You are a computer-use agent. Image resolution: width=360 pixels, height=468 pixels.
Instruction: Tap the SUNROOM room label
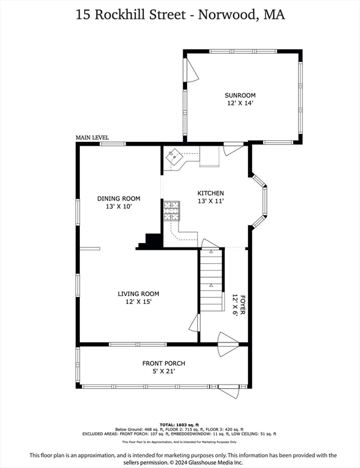pos(240,95)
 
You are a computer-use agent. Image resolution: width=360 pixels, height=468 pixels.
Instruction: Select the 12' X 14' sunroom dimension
pos(240,104)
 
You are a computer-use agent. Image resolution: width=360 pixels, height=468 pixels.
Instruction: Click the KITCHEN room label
pos(210,193)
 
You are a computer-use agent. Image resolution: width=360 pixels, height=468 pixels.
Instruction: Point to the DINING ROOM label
pos(119,199)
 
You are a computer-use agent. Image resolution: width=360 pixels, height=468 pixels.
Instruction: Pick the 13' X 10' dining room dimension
pos(119,207)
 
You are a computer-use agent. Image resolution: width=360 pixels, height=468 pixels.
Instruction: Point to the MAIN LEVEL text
pos(92,138)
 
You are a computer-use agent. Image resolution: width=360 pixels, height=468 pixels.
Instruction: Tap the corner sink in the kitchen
pos(176,156)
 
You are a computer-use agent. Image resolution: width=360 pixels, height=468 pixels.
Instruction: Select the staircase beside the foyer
pos(212,282)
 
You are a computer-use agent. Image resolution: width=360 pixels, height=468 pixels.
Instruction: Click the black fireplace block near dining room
pos(150,241)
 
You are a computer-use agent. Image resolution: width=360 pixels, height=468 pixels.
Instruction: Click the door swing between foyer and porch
pos(228,344)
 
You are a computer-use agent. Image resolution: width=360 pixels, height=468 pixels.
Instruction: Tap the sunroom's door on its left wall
pos(191,74)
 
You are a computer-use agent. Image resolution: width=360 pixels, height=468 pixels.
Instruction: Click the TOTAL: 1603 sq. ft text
pos(180,424)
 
